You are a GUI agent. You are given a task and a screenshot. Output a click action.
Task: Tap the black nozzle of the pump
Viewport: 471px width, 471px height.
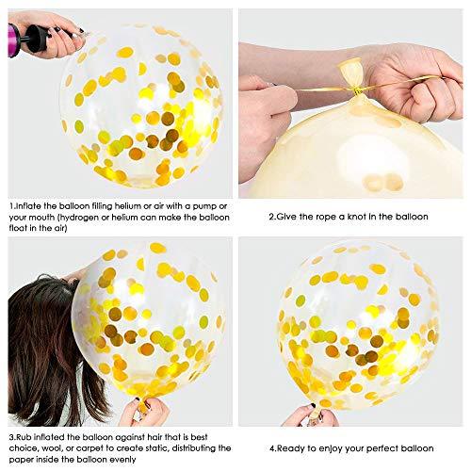click(x=37, y=39)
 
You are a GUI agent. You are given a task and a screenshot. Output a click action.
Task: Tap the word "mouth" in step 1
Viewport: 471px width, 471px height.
click(x=43, y=218)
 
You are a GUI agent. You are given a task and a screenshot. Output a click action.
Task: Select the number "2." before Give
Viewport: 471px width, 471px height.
click(x=272, y=217)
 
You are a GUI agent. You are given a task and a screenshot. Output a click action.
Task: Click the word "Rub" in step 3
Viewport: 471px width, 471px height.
click(x=24, y=437)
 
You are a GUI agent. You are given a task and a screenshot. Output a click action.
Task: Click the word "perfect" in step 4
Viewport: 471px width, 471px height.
click(x=385, y=448)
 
